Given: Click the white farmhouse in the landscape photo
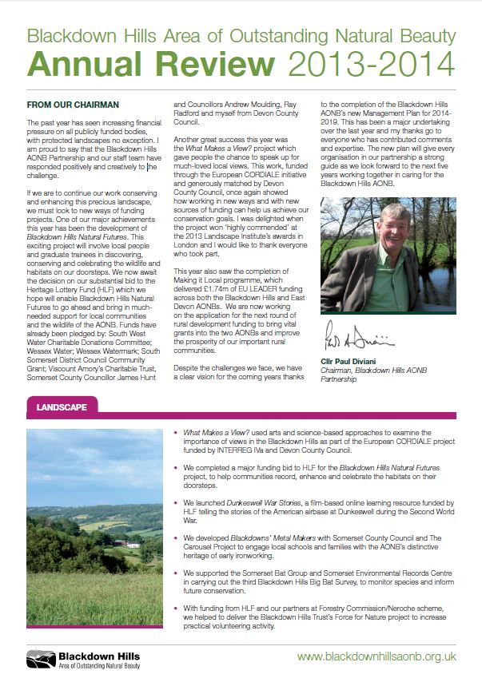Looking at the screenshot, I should (121, 544).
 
